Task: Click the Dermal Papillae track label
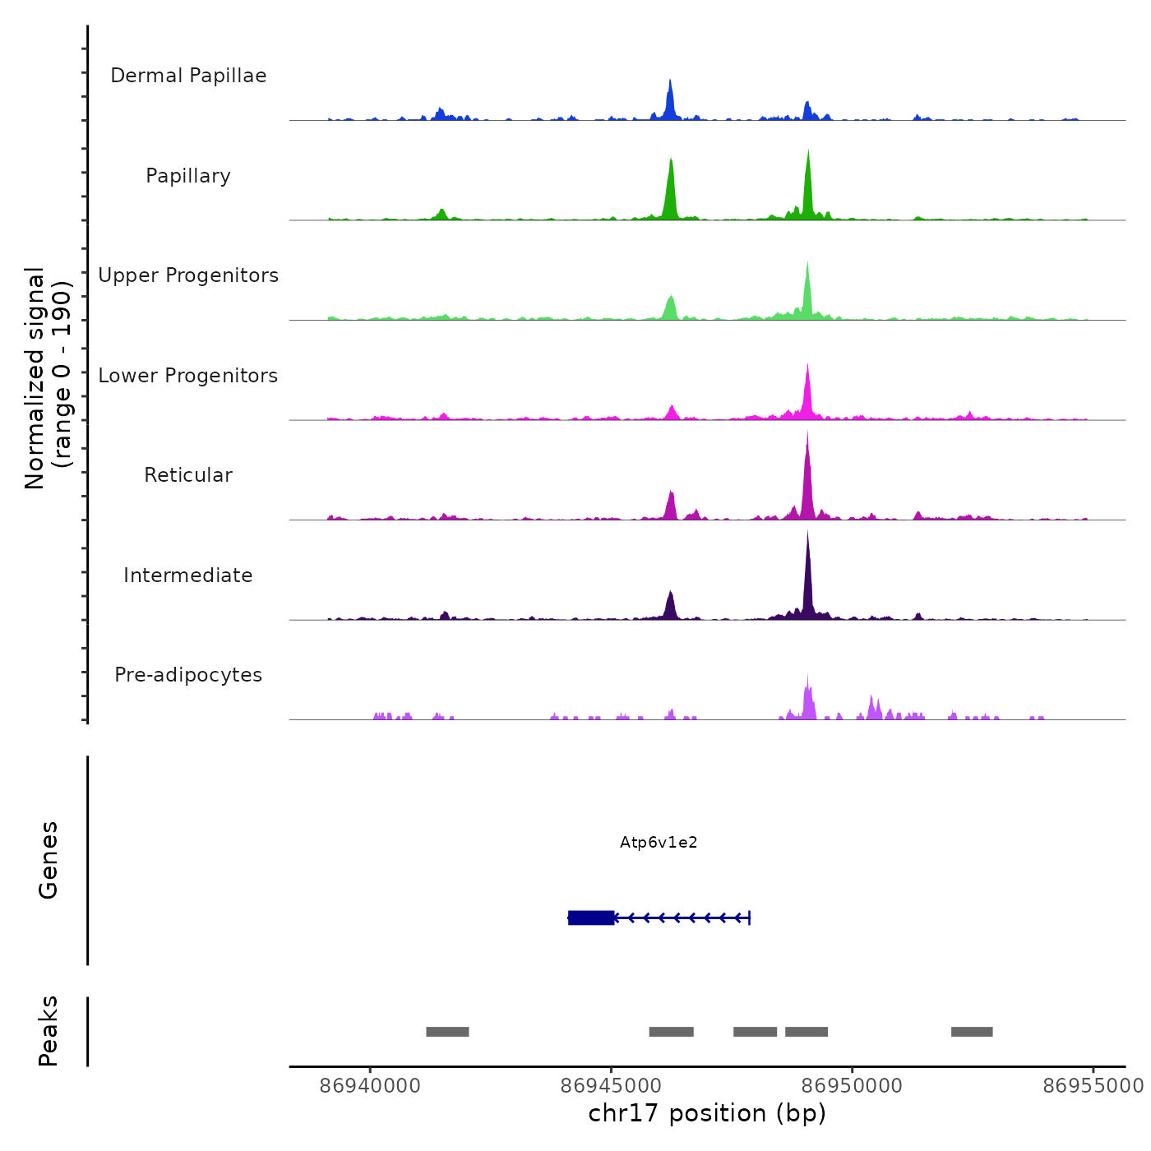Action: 188,76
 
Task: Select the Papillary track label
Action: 188,176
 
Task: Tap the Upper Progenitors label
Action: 188,275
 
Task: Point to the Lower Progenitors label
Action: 188,376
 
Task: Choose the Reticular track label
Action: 188,475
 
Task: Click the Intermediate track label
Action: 188,575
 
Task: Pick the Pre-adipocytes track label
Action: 188,675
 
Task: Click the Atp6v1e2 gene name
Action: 659,843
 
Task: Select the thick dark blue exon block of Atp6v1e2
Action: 591,918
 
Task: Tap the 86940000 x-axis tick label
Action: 370,1086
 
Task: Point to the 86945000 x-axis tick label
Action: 612,1086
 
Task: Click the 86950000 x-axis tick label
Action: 853,1086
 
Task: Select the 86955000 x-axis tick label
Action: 1093,1086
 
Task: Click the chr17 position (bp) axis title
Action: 707,1113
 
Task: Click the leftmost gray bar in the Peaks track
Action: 447,1032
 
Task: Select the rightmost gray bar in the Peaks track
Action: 972,1032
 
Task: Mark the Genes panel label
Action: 49,860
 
